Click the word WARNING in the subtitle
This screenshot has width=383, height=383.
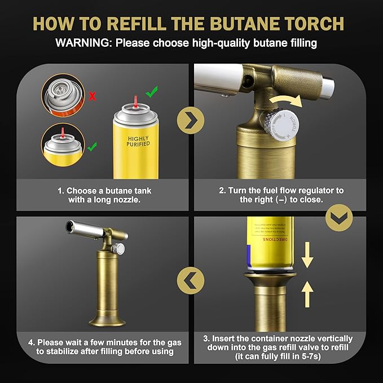click(x=82, y=42)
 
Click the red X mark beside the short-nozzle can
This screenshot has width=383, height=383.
click(x=93, y=96)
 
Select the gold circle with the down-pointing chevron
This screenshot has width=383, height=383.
click(x=338, y=217)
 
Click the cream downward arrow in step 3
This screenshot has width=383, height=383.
click(x=307, y=256)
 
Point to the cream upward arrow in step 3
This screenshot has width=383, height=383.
click(x=307, y=294)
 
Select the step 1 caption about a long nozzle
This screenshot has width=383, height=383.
click(x=105, y=195)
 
